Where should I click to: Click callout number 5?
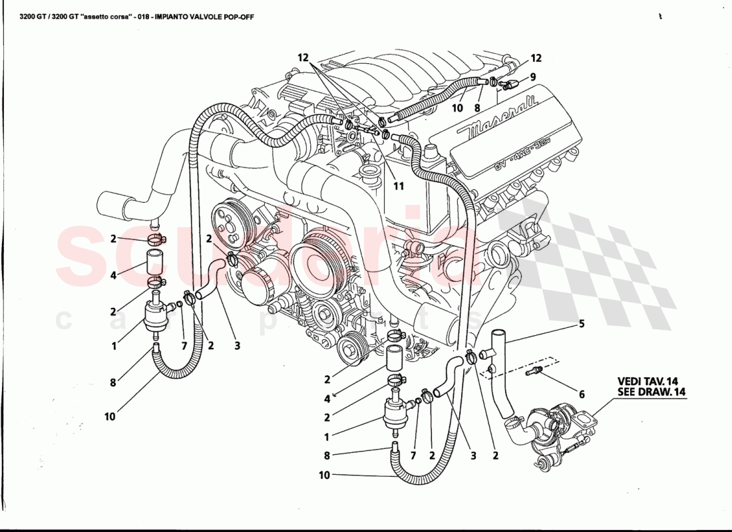point(582,325)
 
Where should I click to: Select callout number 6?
point(581,394)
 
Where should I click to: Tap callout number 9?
point(532,76)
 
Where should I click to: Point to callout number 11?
point(398,186)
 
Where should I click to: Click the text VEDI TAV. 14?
point(647,381)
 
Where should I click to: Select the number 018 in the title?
point(138,16)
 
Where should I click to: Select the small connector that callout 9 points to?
point(510,84)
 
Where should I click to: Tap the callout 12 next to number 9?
point(536,58)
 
